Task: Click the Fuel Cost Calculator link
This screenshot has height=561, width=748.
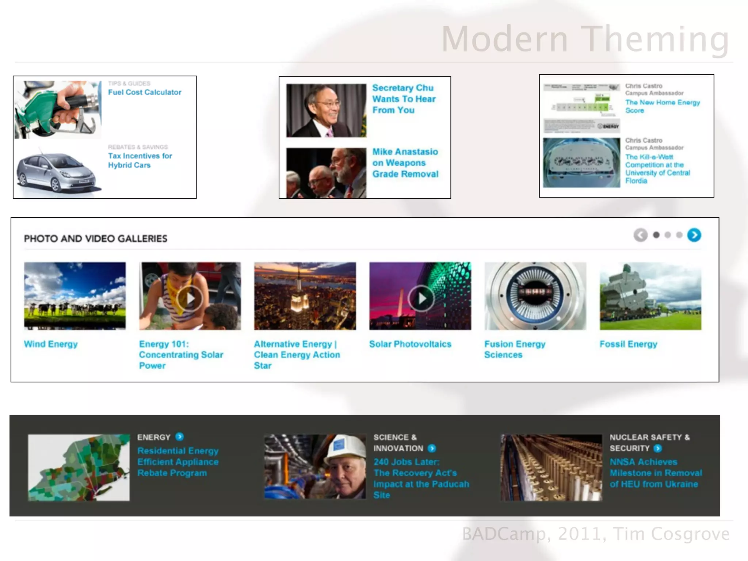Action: point(144,92)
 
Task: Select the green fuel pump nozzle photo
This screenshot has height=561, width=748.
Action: point(58,110)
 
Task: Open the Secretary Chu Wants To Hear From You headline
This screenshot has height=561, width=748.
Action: point(404,99)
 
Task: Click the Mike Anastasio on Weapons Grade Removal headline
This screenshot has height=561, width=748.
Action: point(405,163)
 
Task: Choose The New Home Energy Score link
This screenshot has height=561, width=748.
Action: point(662,106)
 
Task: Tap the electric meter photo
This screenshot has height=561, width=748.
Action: point(581,163)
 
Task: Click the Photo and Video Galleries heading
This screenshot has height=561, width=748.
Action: point(96,238)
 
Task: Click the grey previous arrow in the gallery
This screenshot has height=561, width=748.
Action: point(640,235)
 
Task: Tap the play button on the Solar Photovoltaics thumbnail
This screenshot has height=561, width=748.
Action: point(421,298)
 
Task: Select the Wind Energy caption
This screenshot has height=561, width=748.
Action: point(51,344)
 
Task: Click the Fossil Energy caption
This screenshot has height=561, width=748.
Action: point(628,344)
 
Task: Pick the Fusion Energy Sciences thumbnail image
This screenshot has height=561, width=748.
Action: point(535,296)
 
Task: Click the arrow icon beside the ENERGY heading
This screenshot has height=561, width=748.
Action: point(179,437)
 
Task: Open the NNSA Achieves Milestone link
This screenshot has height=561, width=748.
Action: point(655,473)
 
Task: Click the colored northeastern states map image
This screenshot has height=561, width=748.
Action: point(79,467)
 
